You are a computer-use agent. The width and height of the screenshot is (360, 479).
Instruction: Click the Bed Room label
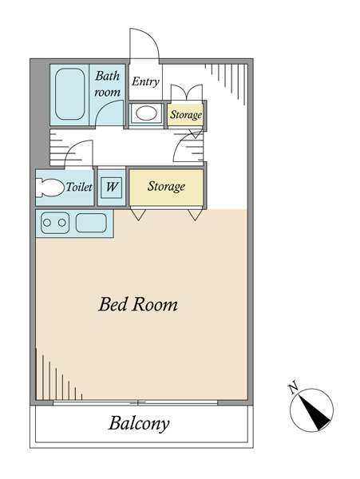point(138,304)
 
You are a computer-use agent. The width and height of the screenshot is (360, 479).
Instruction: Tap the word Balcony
point(139,424)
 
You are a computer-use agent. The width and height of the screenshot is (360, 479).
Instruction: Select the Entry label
point(145,81)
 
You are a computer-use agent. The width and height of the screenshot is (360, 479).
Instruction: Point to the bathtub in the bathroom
point(70,94)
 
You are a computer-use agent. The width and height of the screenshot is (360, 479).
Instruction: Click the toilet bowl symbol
point(49,188)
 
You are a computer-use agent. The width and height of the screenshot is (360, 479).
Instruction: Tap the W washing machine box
point(112,187)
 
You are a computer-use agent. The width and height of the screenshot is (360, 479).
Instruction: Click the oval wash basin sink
point(147,113)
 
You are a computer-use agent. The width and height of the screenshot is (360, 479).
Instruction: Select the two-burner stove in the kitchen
point(55,223)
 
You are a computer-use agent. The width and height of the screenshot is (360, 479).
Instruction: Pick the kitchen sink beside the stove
point(91,223)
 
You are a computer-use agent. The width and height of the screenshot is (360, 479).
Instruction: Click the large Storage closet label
point(166,186)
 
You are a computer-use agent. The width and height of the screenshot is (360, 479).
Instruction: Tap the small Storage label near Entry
point(186,115)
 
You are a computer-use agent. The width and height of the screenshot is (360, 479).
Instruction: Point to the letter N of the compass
point(293,387)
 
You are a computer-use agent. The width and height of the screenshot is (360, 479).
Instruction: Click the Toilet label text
point(79,187)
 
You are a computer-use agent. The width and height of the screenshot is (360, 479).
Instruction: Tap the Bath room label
point(107,84)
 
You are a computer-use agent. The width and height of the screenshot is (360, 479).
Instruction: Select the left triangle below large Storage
point(138,215)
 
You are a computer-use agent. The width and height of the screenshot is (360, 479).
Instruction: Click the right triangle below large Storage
point(195,215)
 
